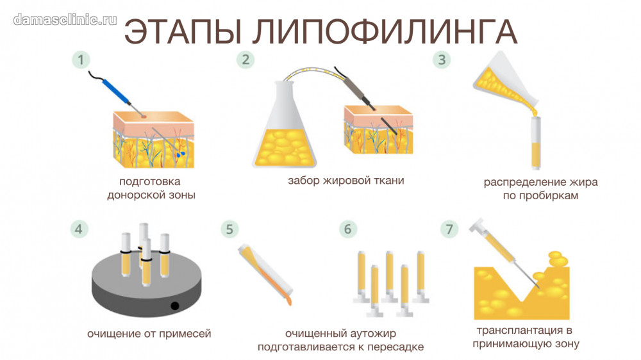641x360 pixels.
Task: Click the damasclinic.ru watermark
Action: [65, 20]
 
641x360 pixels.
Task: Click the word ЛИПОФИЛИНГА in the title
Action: [385, 31]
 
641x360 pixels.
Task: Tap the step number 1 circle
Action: [81, 60]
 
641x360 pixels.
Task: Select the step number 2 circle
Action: [246, 60]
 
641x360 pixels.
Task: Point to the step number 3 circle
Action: [442, 60]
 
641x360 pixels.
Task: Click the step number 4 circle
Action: [78, 229]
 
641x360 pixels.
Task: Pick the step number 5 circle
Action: [229, 229]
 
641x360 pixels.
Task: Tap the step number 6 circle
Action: [348, 229]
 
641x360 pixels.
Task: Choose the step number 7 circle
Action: [449, 229]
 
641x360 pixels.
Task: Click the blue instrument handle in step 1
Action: [116, 91]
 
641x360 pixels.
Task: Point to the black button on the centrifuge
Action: [174, 306]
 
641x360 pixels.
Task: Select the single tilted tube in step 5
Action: [265, 274]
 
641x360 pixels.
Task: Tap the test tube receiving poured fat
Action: [536, 143]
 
